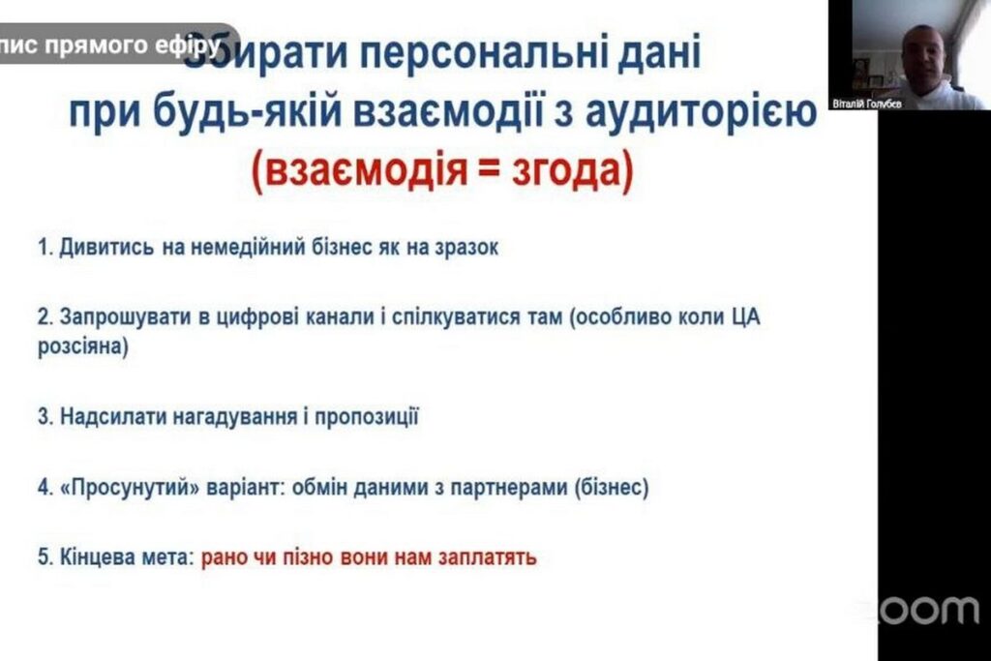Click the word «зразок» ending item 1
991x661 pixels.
click(x=465, y=247)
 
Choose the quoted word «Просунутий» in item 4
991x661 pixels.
click(x=131, y=488)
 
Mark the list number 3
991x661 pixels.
click(x=44, y=417)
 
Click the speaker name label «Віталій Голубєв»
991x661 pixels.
click(x=866, y=103)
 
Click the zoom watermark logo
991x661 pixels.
click(x=919, y=611)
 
